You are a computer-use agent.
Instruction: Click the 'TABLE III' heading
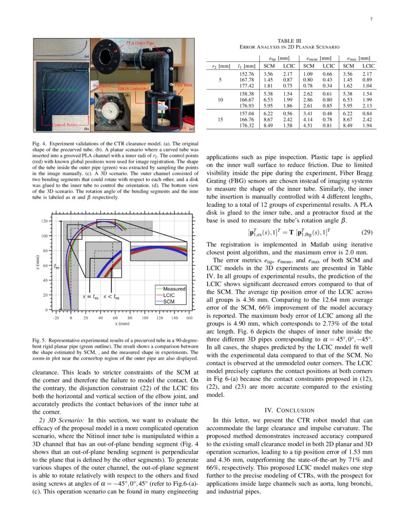click(291, 41)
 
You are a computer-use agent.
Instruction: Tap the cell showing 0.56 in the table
click(289, 113)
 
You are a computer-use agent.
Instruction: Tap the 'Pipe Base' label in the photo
click(183, 85)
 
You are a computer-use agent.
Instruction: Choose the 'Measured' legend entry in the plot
click(174, 289)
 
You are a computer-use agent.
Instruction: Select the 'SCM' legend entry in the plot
click(169, 302)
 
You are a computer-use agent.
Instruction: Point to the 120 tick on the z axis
click(44, 222)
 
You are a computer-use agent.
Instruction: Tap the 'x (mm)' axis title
click(122, 323)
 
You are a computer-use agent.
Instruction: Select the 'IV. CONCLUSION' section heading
click(289, 410)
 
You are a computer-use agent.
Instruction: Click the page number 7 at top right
click(371, 20)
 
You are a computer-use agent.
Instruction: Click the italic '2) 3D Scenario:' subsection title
click(61, 421)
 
